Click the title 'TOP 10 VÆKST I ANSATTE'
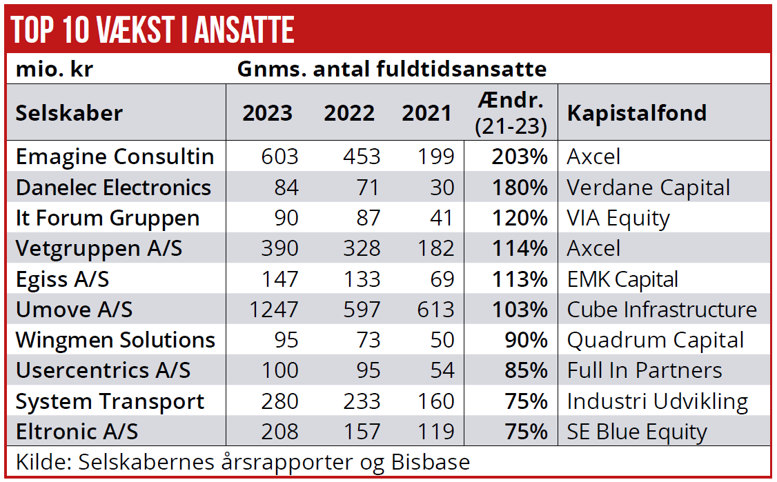tap(153, 30)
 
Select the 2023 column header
tap(267, 113)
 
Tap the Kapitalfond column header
tap(637, 113)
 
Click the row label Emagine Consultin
tap(115, 157)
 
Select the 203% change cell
tap(520, 157)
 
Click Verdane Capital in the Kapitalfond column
tap(649, 188)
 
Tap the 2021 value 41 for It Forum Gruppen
tap(439, 218)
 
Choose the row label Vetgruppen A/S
tap(99, 248)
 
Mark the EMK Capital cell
tap(622, 279)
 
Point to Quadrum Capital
tap(656, 340)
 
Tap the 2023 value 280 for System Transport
tap(279, 401)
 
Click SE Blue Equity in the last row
tap(637, 432)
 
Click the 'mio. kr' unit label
tap(55, 70)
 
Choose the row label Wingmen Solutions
tap(115, 340)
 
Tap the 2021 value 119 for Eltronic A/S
tap(435, 432)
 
